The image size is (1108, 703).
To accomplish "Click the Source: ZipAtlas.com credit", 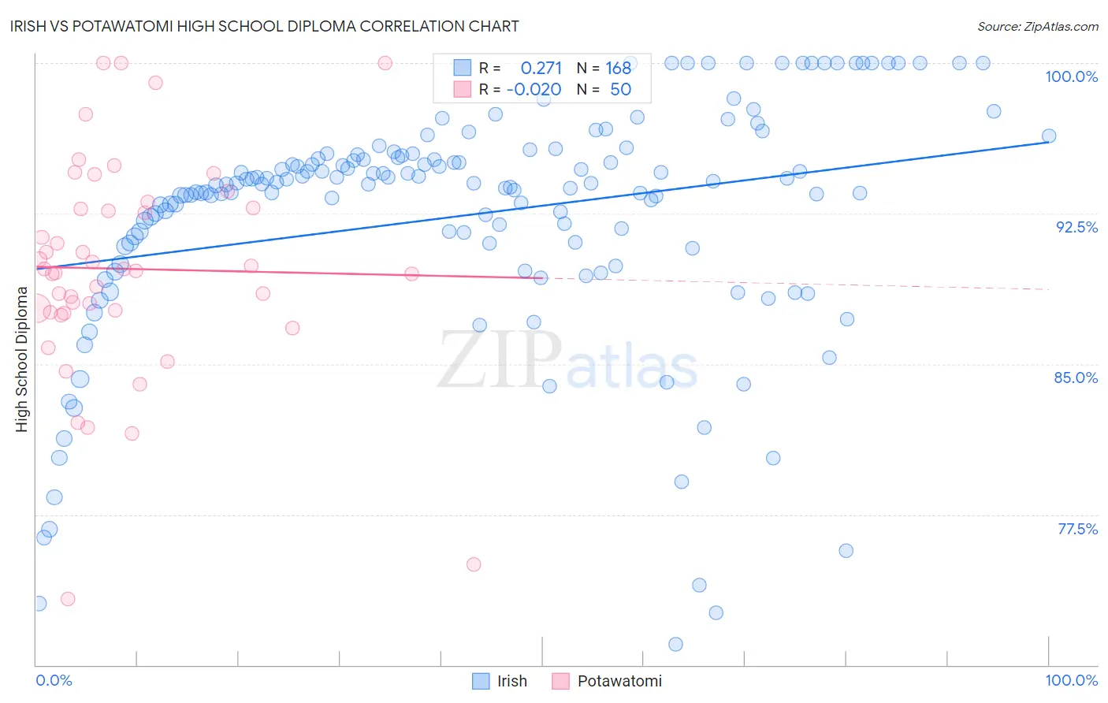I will click(1037, 27).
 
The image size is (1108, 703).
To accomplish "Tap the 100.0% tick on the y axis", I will click(1071, 76).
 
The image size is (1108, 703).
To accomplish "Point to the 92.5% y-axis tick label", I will click(1076, 227).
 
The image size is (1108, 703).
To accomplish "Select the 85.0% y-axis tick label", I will click(1076, 378).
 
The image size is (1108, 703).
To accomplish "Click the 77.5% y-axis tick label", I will click(1077, 529).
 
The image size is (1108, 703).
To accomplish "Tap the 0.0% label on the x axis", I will click(54, 680).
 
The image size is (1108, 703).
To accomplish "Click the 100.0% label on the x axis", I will click(1071, 680).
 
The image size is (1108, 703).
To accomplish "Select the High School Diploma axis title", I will click(22, 359).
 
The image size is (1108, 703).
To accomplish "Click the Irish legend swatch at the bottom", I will click(481, 681).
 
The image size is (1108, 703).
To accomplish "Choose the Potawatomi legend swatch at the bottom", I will click(560, 681).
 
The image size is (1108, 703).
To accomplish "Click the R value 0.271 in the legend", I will click(541, 69).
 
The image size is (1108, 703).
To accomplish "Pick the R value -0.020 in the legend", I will click(534, 90).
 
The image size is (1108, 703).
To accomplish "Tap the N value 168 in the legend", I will click(619, 69).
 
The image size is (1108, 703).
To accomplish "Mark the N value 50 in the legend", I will click(620, 90).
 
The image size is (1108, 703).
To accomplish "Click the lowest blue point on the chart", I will click(675, 645).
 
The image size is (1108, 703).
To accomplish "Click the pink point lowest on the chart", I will click(68, 599).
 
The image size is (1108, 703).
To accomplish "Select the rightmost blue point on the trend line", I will click(1049, 136).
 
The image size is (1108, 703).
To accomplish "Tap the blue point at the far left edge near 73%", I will click(39, 604).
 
